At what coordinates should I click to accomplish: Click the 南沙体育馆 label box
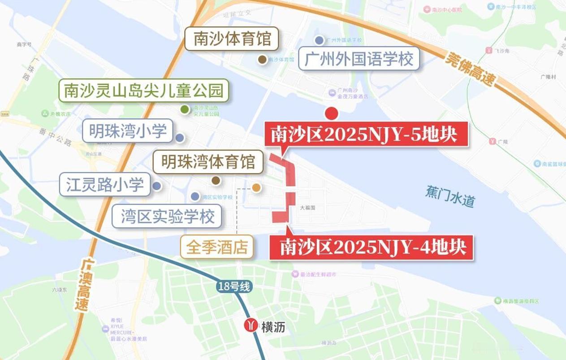pos(232,39)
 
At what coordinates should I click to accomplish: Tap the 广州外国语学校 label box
pos(359,59)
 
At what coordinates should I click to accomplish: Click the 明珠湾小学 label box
pos(128,131)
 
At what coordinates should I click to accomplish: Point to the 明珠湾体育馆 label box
pos(208,161)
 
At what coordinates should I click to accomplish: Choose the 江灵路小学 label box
pos(105,184)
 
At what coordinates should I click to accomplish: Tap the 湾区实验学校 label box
pos(168,217)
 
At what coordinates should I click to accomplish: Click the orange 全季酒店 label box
pos(217,247)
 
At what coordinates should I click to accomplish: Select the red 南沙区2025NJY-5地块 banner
pos(367,134)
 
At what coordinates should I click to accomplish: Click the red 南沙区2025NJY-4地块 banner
pos(371,247)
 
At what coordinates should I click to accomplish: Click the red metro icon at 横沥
pos(251,325)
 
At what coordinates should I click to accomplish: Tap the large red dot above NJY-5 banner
pos(331,114)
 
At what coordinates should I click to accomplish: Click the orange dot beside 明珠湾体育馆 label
pos(256,187)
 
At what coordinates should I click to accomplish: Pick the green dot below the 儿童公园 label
pos(184,109)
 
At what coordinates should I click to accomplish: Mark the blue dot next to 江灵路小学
pos(156,186)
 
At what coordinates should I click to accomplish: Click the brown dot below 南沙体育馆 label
pos(262,59)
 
